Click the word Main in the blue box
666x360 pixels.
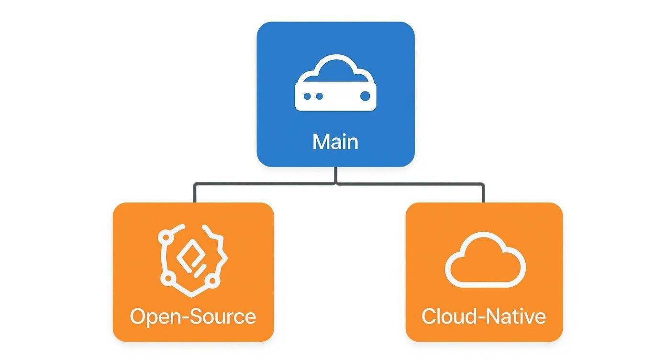(x=335, y=142)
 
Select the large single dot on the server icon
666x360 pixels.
(x=365, y=96)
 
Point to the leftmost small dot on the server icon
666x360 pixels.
(x=307, y=96)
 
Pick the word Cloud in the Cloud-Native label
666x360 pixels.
(x=449, y=316)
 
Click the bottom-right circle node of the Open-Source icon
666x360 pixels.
(x=213, y=279)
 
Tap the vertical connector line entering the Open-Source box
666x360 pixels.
(x=194, y=193)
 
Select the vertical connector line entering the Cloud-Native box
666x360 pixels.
(x=483, y=193)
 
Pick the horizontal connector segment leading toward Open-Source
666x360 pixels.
(x=263, y=183)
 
